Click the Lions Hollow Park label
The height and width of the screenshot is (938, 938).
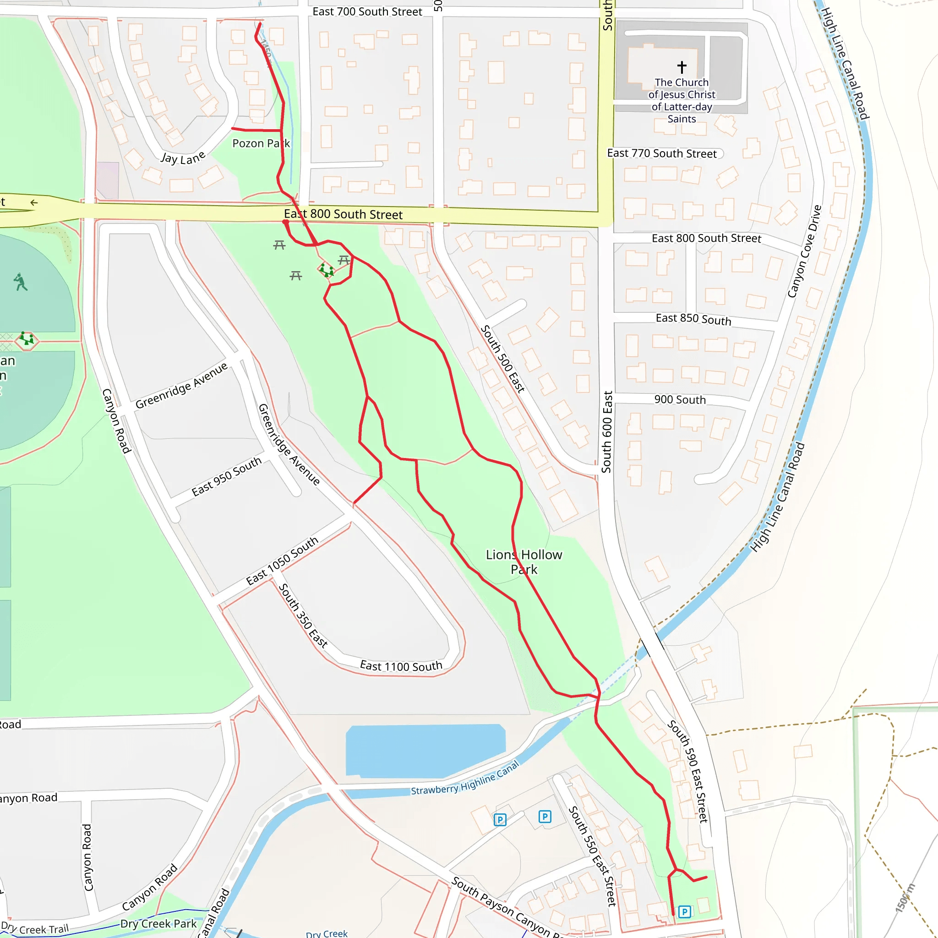pos(524,562)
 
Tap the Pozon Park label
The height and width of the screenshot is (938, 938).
pos(261,143)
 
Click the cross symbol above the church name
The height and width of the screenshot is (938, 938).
pos(682,66)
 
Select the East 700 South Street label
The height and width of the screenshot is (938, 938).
pos(367,11)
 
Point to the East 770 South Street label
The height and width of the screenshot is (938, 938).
pos(662,153)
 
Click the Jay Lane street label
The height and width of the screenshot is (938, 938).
pos(183,158)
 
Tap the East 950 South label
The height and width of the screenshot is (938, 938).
pos(226,477)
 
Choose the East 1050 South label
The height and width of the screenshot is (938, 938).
pos(282,561)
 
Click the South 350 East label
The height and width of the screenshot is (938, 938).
pos(303,616)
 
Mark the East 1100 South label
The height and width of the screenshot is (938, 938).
pos(401,666)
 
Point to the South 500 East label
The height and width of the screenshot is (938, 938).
pos(502,359)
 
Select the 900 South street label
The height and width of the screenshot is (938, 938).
pos(680,399)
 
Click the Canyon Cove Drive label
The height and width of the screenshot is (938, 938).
pos(804,251)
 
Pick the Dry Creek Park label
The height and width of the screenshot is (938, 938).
pos(158,923)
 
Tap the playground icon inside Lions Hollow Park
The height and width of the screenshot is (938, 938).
pos(326,270)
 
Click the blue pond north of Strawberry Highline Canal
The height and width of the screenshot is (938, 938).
pos(425,750)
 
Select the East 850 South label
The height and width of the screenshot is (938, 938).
pos(693,318)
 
